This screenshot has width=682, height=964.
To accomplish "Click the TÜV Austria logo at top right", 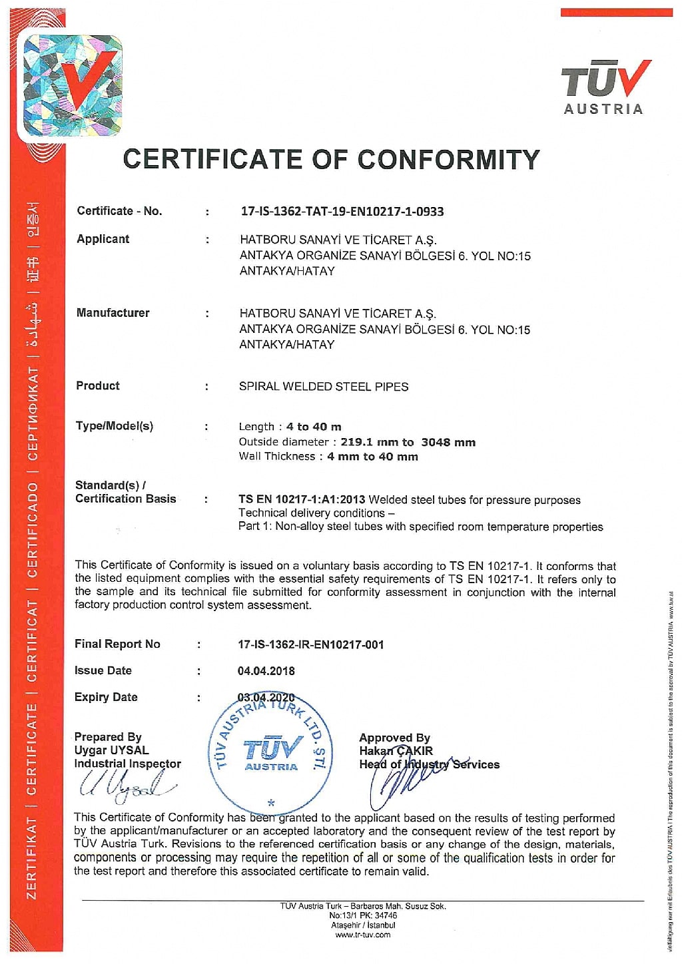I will coord(605,87).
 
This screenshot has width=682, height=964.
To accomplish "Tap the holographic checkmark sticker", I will coord(72,85).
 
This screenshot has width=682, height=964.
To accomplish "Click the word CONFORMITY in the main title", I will coord(448,160).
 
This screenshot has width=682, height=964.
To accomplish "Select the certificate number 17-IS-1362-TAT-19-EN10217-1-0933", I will coord(342,212).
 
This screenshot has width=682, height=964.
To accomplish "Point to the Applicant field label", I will coord(103,239).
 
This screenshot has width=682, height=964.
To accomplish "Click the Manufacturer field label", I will coord(113,313).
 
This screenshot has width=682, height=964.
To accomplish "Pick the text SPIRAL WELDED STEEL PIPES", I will coord(324,387).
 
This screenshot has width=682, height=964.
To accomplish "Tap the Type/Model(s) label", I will coord(114,426).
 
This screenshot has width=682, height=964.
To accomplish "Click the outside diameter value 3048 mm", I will coord(448,442).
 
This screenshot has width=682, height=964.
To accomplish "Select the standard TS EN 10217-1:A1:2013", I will coord(302,500).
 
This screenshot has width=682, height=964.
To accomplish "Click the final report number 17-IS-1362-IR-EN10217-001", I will coord(310,644).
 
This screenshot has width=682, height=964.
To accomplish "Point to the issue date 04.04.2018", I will coord(266,671).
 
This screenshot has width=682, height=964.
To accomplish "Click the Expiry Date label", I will coord(106,697).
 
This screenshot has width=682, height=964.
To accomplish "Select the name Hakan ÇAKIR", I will coord(396,751).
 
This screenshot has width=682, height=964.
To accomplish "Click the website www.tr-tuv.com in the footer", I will coord(363,935).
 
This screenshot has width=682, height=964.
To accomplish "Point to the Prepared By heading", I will coord(108,737).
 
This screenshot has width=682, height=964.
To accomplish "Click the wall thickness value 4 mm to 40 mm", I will coord(372,457).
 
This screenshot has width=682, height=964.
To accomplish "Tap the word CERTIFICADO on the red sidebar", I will coord(32,531).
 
